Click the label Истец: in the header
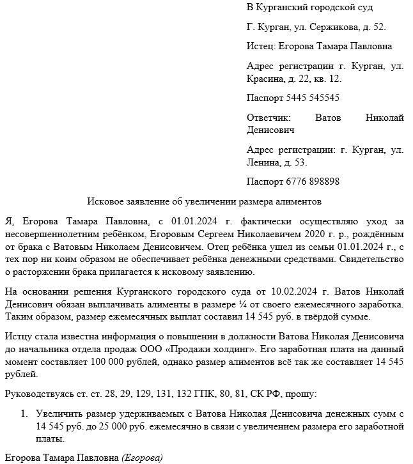pyautogui.click(x=260, y=46)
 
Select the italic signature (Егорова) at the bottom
pyautogui.click(x=143, y=458)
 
